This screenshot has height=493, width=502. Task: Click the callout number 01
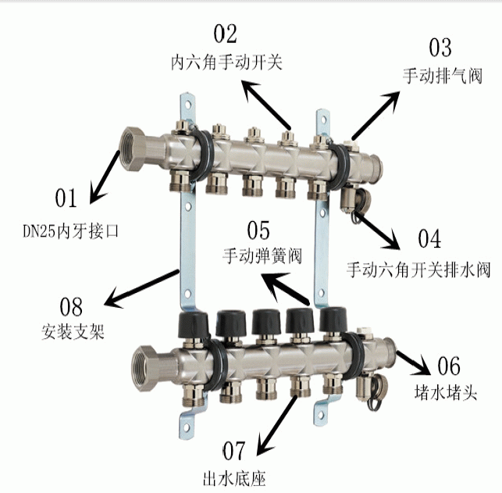point(66,198)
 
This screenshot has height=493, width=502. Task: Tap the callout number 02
point(226,34)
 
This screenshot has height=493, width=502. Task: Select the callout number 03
point(440,48)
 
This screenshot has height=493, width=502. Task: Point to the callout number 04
point(429,238)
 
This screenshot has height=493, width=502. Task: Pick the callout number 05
point(258,230)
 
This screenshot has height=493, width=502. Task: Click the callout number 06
point(449,366)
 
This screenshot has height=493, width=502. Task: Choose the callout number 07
point(234,451)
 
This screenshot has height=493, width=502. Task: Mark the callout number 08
point(71,306)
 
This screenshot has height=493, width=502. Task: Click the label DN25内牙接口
point(71,230)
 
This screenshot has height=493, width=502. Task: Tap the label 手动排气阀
point(443,76)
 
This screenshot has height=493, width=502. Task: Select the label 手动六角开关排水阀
point(418,270)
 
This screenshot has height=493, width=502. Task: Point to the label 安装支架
point(73,331)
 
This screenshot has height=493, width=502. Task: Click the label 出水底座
point(234,478)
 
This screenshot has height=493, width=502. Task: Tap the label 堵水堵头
point(446,391)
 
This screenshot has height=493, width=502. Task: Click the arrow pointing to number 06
point(413,363)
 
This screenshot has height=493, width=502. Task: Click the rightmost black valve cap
point(333,319)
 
